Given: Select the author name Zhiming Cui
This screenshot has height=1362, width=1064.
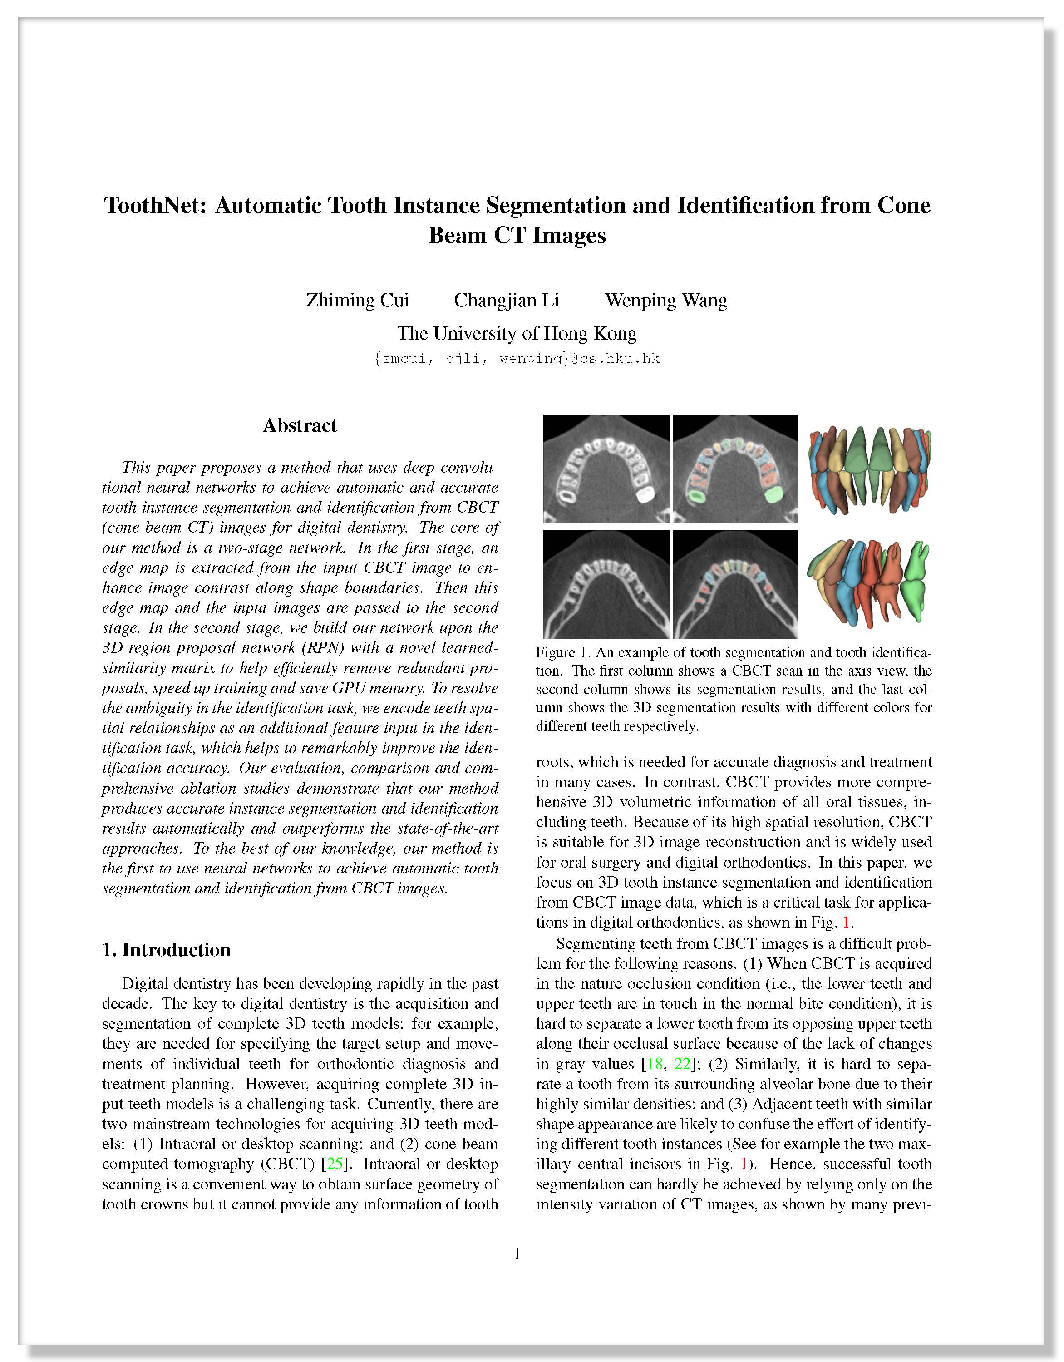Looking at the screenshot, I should pyautogui.click(x=357, y=301).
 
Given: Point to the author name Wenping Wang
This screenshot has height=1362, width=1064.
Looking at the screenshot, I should pyautogui.click(x=665, y=301).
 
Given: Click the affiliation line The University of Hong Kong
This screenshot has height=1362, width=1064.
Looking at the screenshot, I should pyautogui.click(x=517, y=334).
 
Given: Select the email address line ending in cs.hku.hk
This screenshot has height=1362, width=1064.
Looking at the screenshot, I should pyautogui.click(x=517, y=359).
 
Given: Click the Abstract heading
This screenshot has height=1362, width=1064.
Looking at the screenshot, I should pyautogui.click(x=300, y=425).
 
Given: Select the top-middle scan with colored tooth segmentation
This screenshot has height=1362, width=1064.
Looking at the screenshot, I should pyautogui.click(x=735, y=469).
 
